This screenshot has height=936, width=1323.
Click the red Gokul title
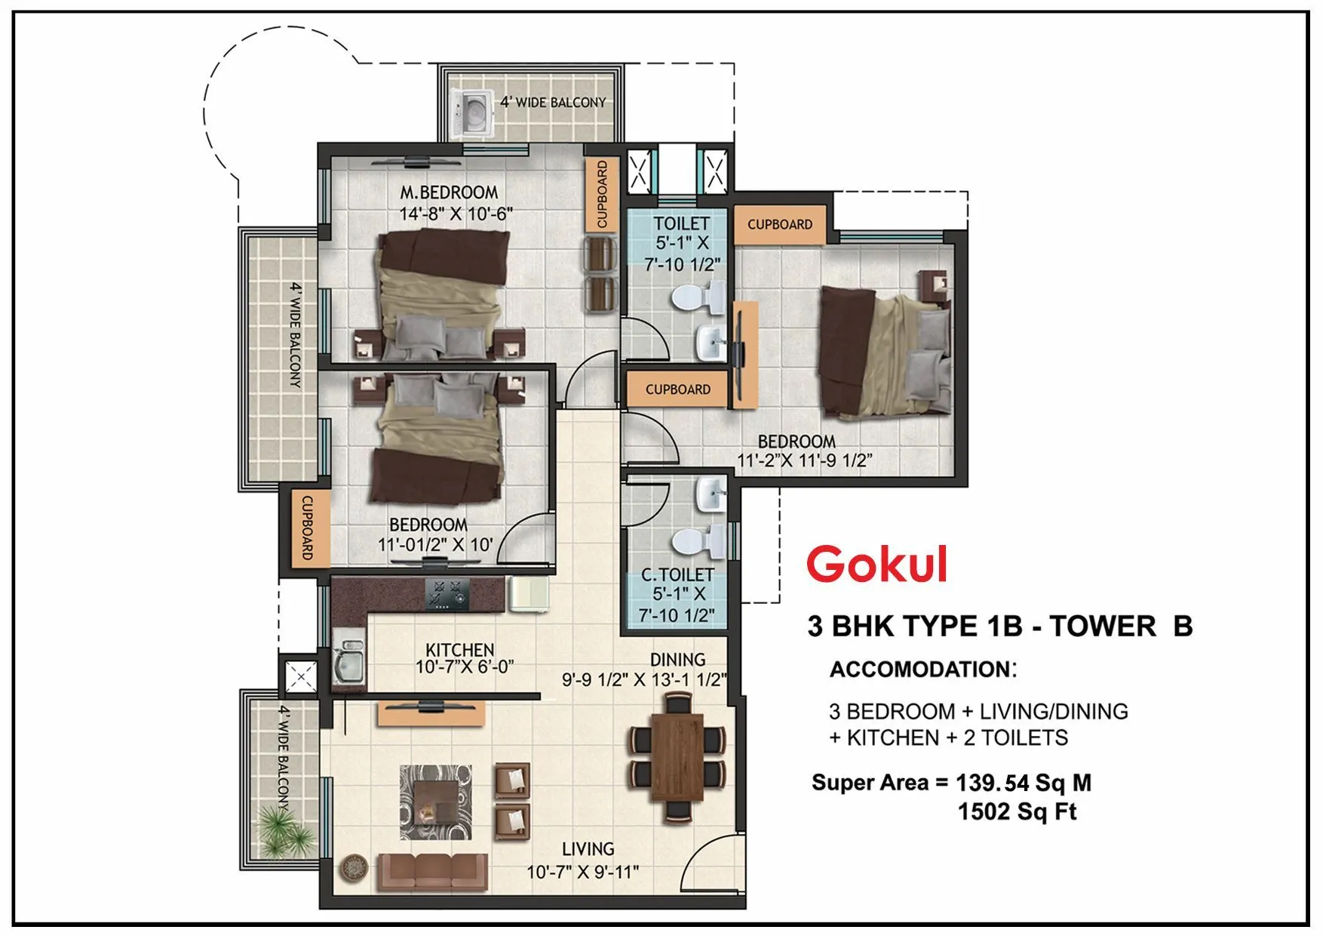tap(876, 564)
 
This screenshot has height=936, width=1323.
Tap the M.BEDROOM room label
tap(449, 192)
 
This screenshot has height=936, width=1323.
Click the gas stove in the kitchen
tap(447, 594)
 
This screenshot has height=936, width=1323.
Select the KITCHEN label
tap(459, 649)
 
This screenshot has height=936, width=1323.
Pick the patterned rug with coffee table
tap(435, 802)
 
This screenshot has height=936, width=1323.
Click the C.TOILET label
tap(677, 574)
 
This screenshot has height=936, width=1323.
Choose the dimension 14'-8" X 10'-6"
tap(456, 214)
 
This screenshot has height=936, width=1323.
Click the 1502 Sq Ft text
tap(1017, 811)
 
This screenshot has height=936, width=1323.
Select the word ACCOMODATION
tap(919, 670)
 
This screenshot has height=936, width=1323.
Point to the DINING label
tap(677, 660)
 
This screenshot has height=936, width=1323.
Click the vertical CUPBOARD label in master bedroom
tap(602, 194)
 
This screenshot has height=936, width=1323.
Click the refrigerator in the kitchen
tap(530, 593)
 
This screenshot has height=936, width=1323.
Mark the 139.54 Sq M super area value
tap(1023, 783)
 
